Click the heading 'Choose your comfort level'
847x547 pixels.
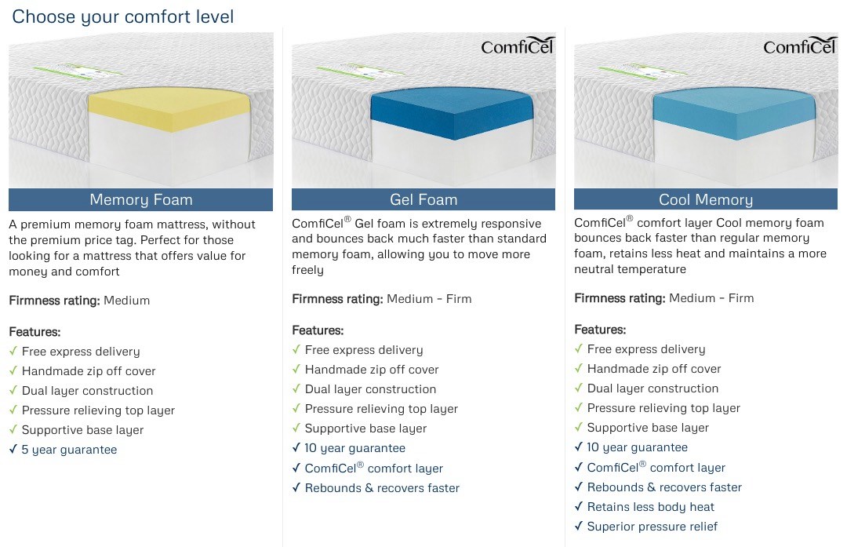pos(122,16)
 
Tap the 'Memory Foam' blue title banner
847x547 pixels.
pos(140,199)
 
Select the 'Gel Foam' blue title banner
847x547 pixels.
pos(423,199)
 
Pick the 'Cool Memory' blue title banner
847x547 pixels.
pos(706,199)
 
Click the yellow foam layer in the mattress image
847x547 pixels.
pos(169,110)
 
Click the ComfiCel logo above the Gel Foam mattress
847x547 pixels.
pos(517,46)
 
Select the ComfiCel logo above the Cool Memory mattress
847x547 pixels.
pos(799,46)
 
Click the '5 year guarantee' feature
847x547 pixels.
pos(69,450)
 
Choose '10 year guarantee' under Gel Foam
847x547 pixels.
pos(355,448)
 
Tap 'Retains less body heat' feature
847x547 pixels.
pos(650,507)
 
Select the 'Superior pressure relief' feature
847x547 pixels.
pos(652,527)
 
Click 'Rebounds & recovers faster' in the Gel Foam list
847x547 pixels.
pos(382,488)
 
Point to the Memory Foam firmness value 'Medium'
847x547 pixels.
pos(126,301)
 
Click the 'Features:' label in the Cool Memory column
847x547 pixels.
pos(600,330)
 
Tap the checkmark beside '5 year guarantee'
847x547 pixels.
pos(13,449)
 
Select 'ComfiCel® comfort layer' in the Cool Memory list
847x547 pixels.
pos(656,467)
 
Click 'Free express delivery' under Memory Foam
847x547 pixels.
pos(81,352)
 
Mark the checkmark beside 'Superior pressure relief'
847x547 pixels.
pos(579,525)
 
